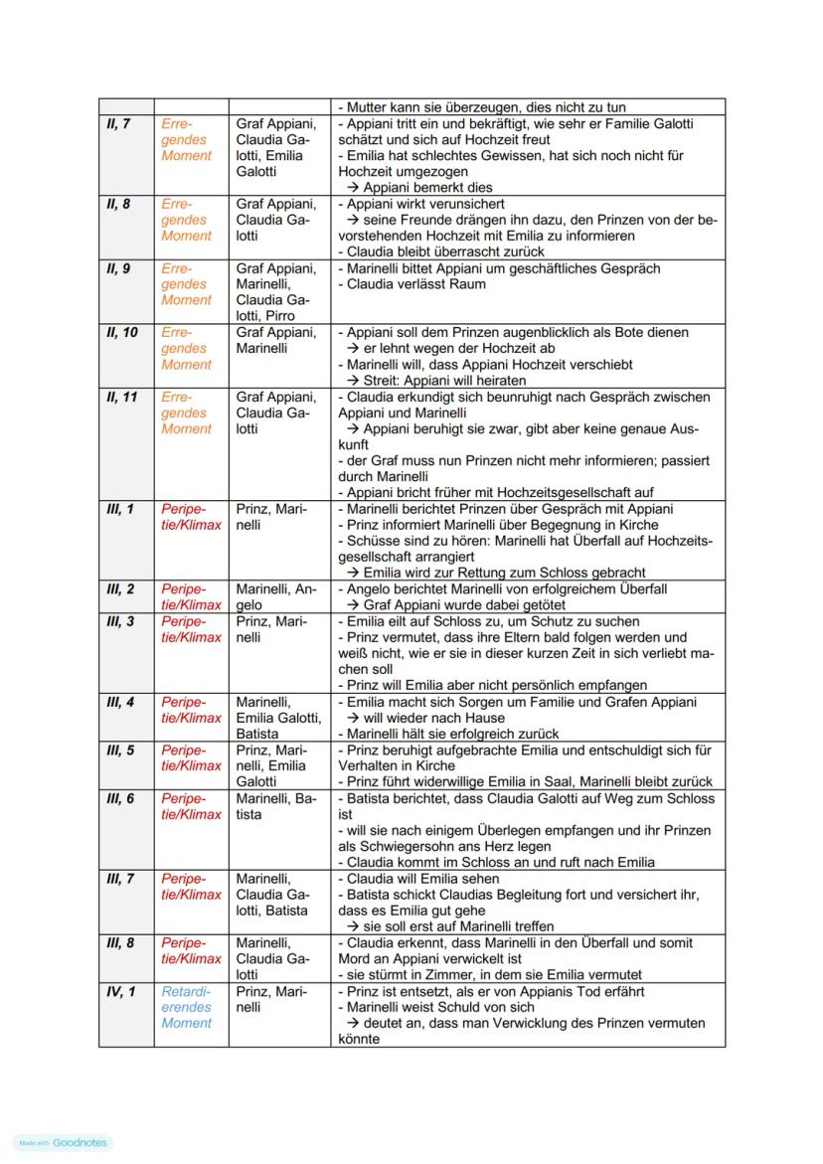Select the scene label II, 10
[122, 332]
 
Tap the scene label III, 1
[120, 509]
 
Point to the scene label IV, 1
[120, 991]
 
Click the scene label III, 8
[120, 942]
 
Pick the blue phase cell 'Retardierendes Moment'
[187, 1007]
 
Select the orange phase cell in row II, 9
[187, 284]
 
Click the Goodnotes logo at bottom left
[65, 1143]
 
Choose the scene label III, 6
[120, 798]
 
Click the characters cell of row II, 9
[275, 292]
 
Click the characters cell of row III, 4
[278, 718]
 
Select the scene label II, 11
[122, 397]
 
